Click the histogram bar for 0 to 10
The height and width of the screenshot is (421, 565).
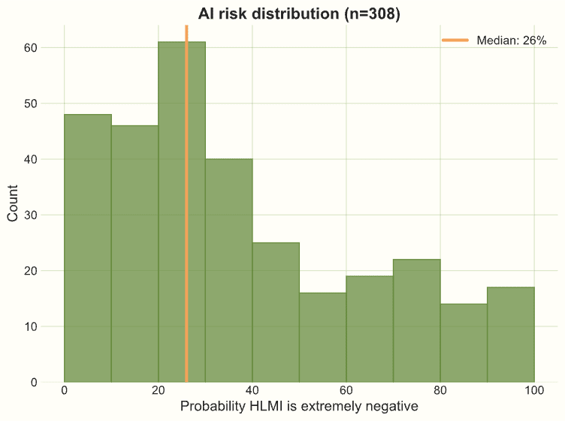[88, 248]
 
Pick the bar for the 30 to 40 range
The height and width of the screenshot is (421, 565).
[228, 270]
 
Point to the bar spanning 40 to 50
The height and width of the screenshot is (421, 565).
[276, 312]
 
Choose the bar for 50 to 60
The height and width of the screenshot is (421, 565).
[322, 337]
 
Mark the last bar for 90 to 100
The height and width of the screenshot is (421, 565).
[511, 335]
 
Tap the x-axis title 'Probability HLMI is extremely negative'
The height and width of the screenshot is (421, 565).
[299, 407]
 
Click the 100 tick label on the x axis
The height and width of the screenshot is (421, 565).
[534, 391]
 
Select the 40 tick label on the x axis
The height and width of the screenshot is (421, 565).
[252, 391]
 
